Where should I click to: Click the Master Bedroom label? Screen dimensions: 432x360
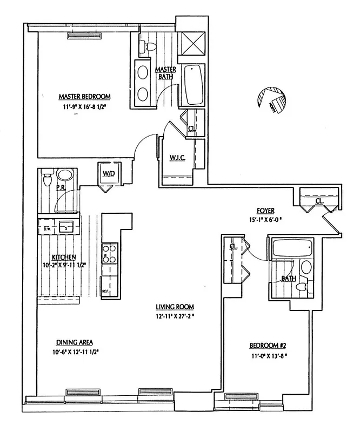84,97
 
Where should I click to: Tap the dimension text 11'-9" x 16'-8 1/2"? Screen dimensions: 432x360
84,106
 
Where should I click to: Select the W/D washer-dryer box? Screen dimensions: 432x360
107,174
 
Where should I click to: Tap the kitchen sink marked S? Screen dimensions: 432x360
66,227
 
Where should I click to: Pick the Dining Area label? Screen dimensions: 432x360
75,342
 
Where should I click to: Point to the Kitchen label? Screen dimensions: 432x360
63,257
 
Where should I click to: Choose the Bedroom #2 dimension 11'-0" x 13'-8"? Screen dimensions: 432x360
267,356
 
